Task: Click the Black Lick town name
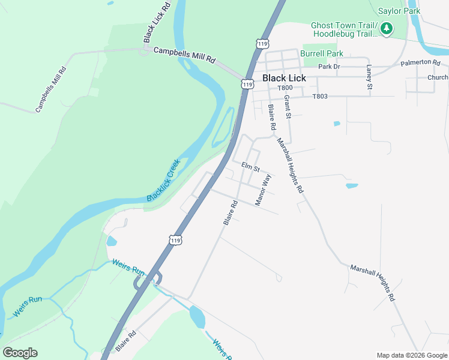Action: (284, 78)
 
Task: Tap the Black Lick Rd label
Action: (158, 22)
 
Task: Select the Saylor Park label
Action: (399, 11)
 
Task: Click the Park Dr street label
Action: (329, 67)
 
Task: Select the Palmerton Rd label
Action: (420, 62)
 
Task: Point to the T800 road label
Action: (285, 88)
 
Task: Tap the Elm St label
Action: (250, 166)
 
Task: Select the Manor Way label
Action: (264, 191)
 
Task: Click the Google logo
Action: (20, 353)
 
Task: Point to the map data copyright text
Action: (411, 355)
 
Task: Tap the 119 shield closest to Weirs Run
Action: (175, 240)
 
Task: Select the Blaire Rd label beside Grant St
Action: (272, 117)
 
